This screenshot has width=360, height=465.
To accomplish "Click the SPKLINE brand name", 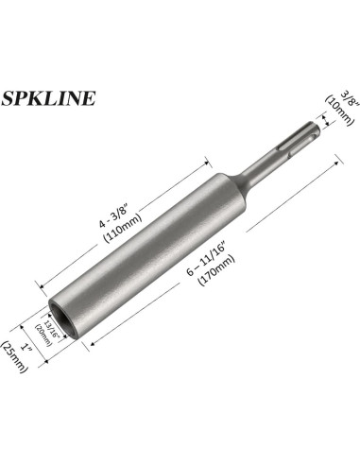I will [47, 98].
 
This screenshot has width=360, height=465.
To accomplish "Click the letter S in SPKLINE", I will [9, 98].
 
